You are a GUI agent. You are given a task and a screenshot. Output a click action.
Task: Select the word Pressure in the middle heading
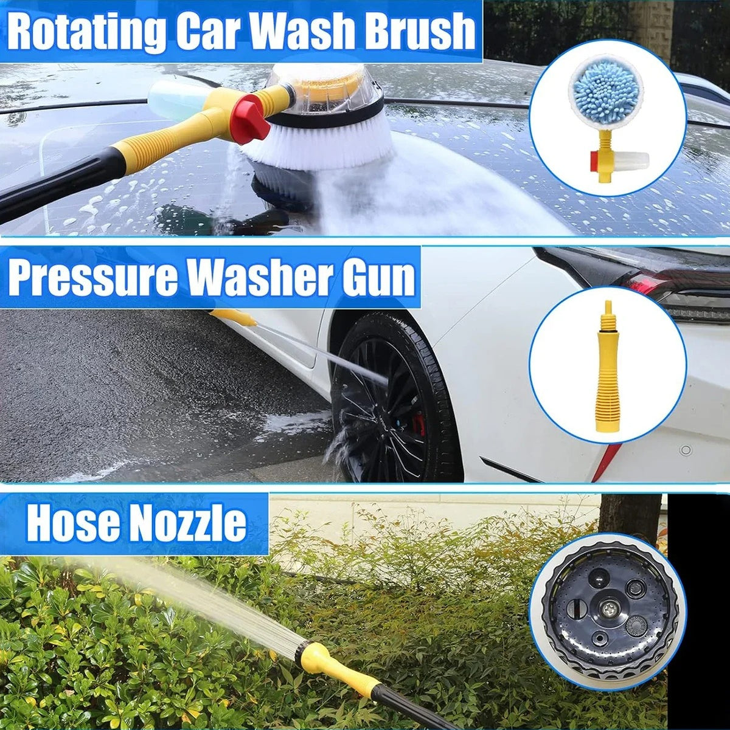[x=93, y=278]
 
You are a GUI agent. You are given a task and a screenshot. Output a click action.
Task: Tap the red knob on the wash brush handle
[x=250, y=118]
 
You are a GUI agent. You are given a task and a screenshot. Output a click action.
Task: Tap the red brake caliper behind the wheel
[x=419, y=423]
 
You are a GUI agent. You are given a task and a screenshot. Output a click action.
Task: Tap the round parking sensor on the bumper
[x=685, y=450]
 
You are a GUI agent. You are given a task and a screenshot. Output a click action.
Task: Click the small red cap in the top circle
[x=595, y=160]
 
